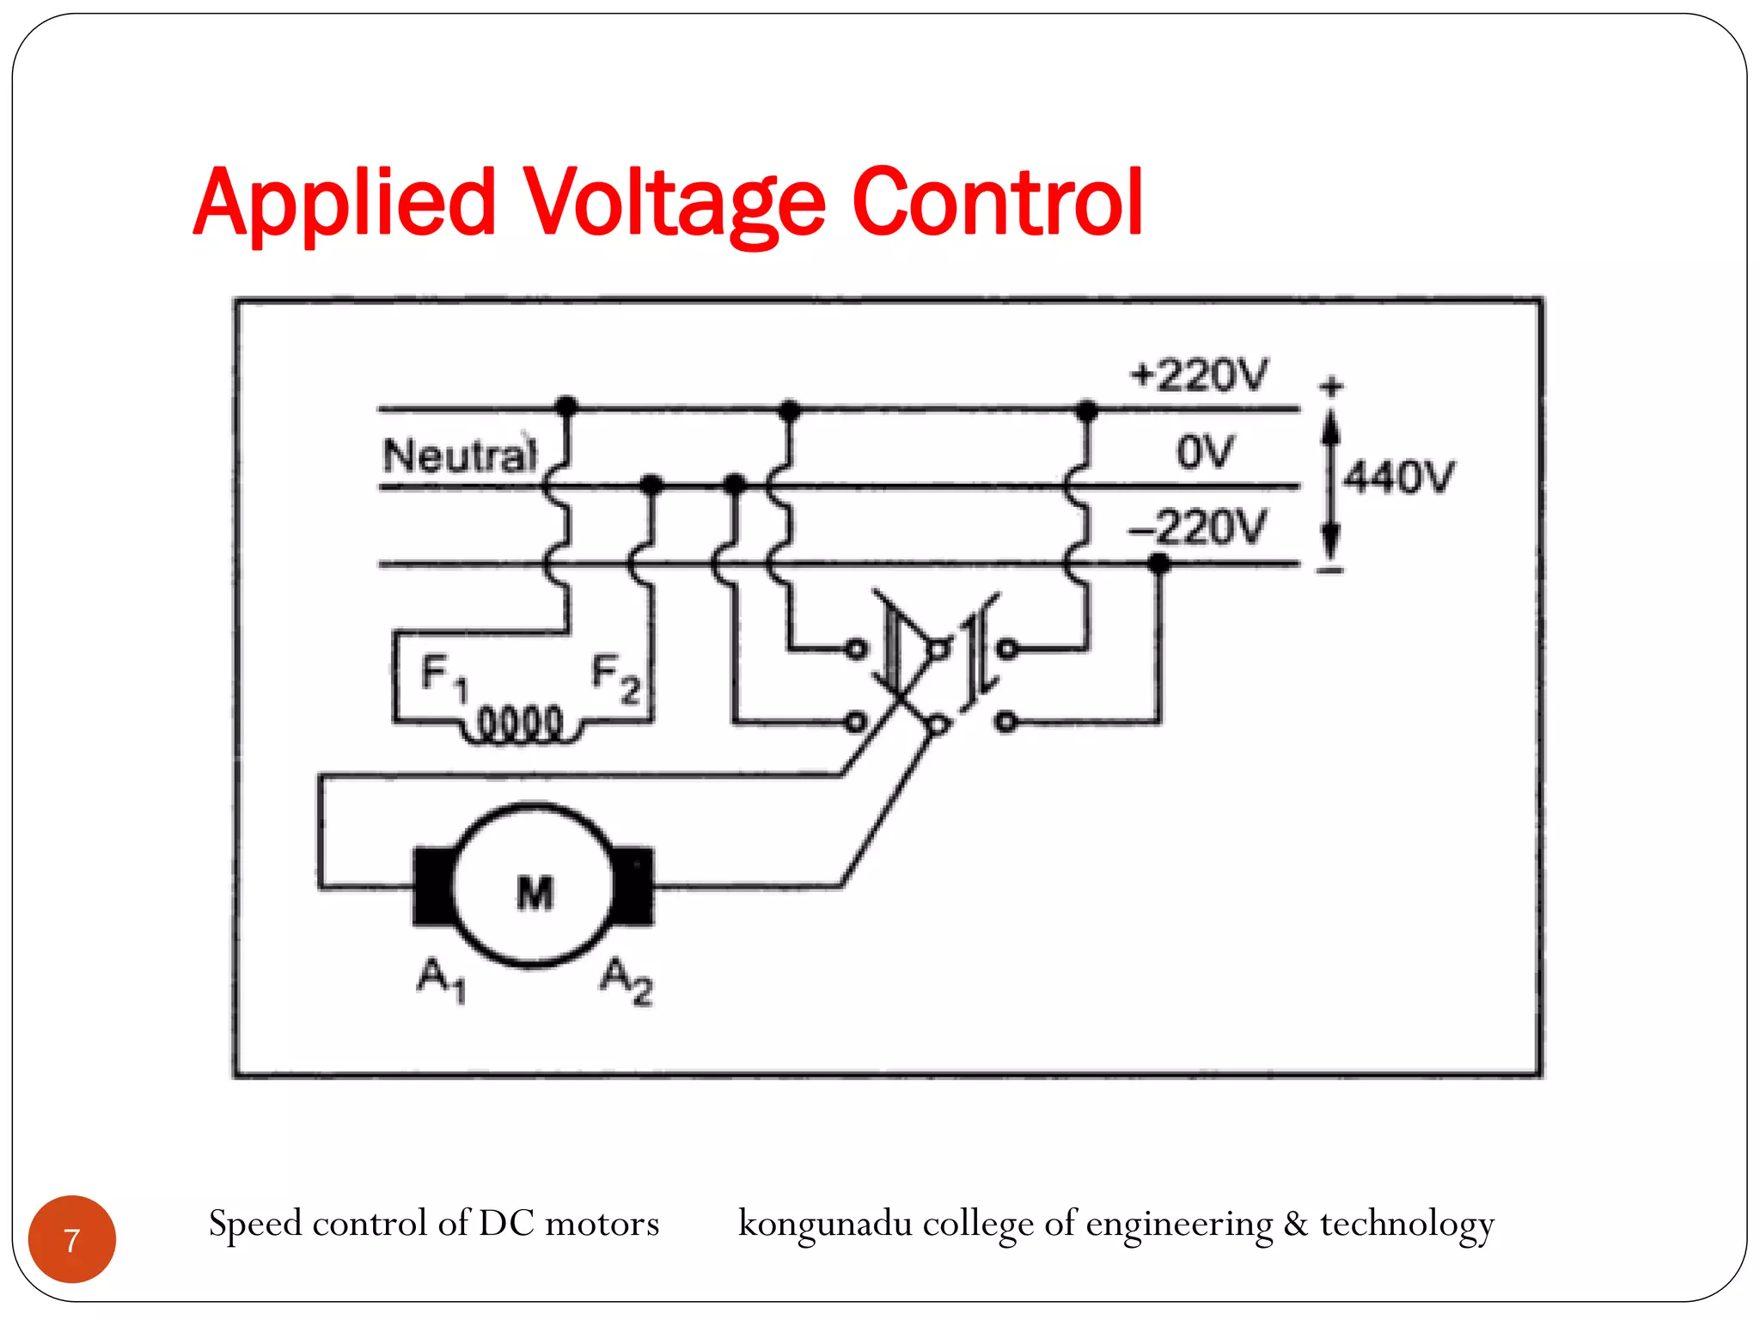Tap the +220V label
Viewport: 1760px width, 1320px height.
tap(1199, 376)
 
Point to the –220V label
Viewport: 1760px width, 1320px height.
tap(1197, 527)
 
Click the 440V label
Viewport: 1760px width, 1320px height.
tap(1399, 477)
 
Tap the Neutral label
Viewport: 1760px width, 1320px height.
tap(460, 455)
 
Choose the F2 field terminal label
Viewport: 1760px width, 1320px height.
tap(615, 678)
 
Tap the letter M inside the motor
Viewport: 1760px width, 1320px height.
tap(535, 893)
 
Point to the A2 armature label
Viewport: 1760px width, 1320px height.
tap(626, 981)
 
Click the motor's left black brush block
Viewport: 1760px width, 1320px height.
tap(432, 886)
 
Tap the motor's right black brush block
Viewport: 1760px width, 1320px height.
tap(635, 886)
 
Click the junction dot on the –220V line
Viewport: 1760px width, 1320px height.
tap(1159, 564)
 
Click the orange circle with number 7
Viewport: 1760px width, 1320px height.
tap(72, 1239)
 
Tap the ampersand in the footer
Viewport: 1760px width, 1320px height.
tap(1296, 1224)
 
